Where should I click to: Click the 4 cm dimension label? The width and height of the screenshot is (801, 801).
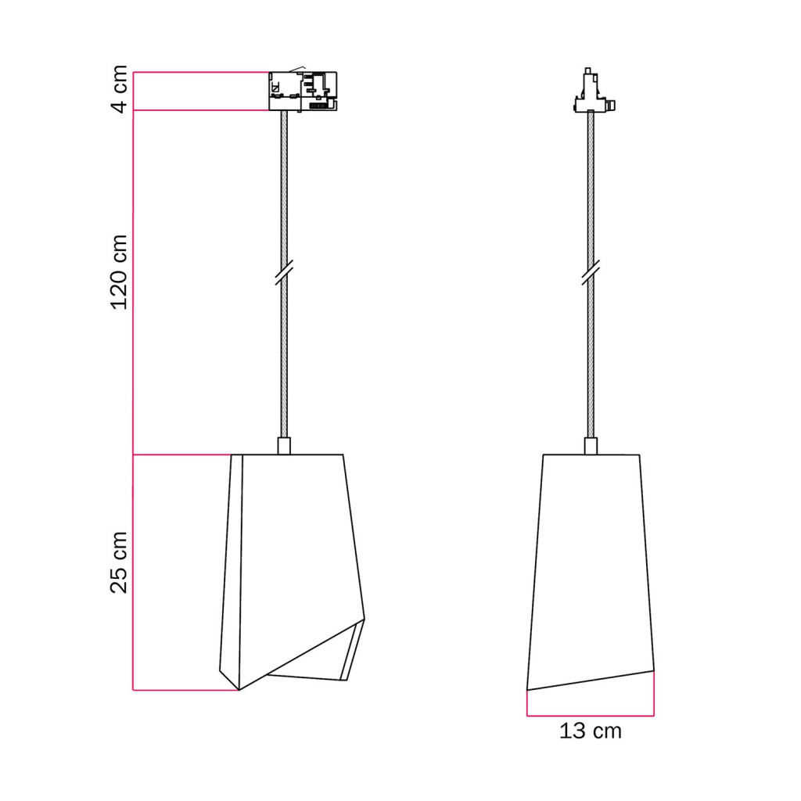tap(119, 89)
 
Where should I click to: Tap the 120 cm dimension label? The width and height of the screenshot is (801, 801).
tap(119, 272)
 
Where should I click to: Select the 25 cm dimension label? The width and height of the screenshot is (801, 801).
tap(119, 562)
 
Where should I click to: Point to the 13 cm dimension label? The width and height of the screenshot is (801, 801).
tap(591, 731)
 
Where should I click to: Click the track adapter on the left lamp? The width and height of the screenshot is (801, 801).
tap(303, 91)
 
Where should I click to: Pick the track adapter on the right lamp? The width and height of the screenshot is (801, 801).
tap(594, 91)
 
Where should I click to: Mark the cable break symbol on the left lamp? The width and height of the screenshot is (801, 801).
tap(284, 271)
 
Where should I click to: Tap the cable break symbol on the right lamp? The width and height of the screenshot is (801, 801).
tap(591, 271)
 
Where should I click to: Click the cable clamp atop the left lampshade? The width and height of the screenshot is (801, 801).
tap(284, 445)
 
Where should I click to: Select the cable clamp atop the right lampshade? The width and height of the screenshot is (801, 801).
tap(591, 445)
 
